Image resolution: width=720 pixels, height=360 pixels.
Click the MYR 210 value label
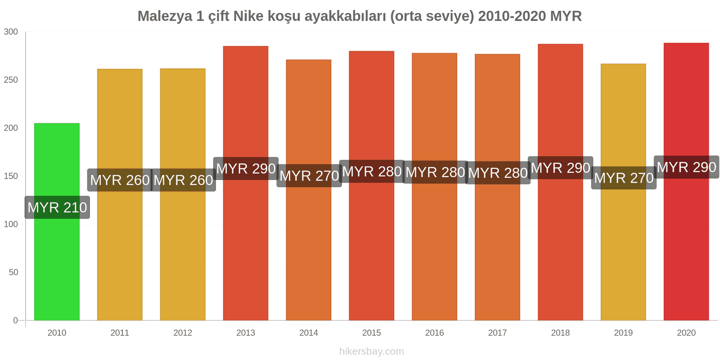click(x=57, y=207)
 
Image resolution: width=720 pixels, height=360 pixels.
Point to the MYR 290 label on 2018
click(x=560, y=168)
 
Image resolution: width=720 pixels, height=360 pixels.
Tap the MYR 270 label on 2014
click(x=309, y=175)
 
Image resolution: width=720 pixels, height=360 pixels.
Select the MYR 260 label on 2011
click(x=120, y=180)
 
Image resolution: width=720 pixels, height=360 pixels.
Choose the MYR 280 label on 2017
click(x=498, y=173)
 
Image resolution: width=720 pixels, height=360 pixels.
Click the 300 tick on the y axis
click(x=11, y=31)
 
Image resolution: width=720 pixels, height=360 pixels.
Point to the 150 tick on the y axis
click(x=11, y=176)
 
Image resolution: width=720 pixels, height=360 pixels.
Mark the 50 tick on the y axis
click(x=13, y=272)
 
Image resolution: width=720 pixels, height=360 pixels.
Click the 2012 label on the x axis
click(x=183, y=333)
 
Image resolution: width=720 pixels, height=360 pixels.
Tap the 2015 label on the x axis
click(x=372, y=333)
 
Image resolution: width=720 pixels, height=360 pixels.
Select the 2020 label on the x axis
click(x=686, y=333)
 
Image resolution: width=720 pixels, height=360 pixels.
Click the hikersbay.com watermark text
click(x=372, y=351)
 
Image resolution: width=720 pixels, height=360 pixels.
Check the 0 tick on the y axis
click(x=16, y=320)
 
